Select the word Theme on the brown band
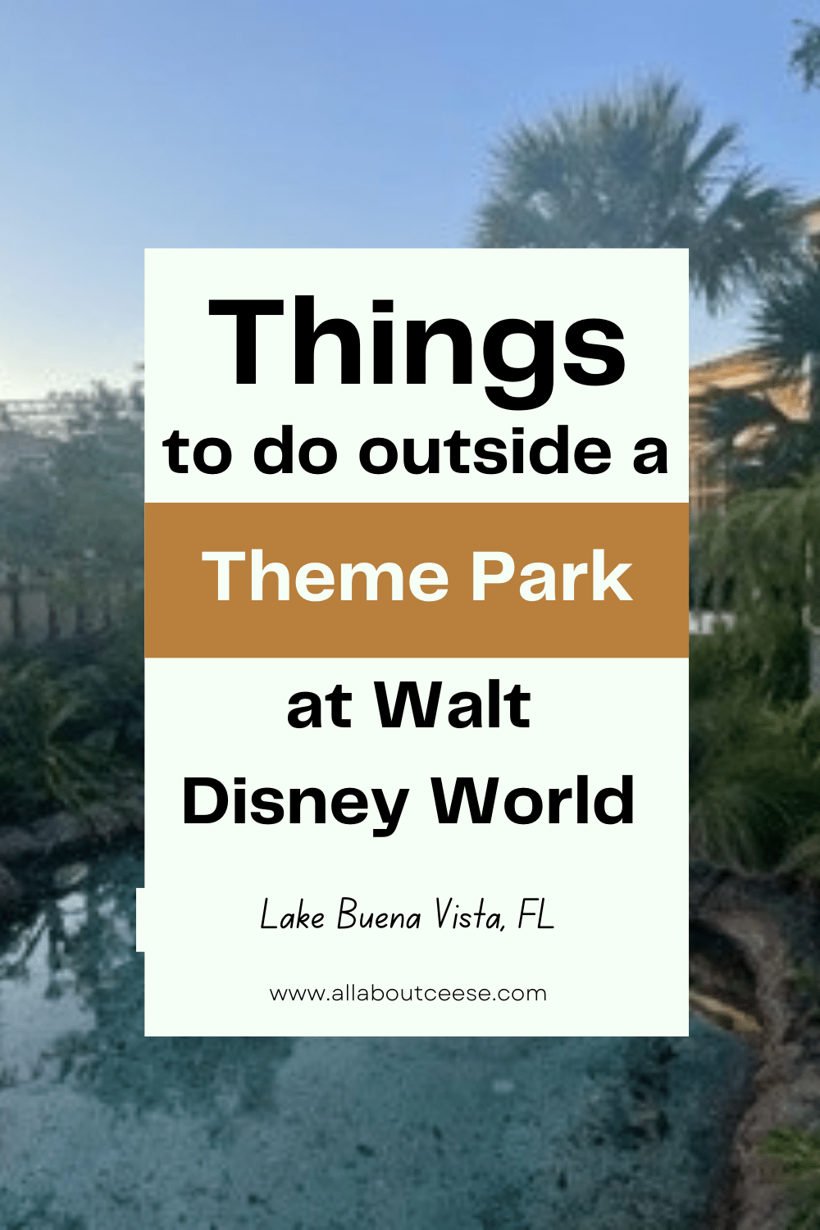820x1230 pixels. click(326, 576)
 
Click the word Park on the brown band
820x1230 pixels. click(550, 576)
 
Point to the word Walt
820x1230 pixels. click(453, 707)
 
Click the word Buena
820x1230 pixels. click(379, 915)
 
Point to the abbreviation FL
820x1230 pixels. click(536, 915)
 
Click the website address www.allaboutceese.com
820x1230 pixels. click(408, 994)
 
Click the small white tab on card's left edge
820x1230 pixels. click(140, 919)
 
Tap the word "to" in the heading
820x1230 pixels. click(198, 453)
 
